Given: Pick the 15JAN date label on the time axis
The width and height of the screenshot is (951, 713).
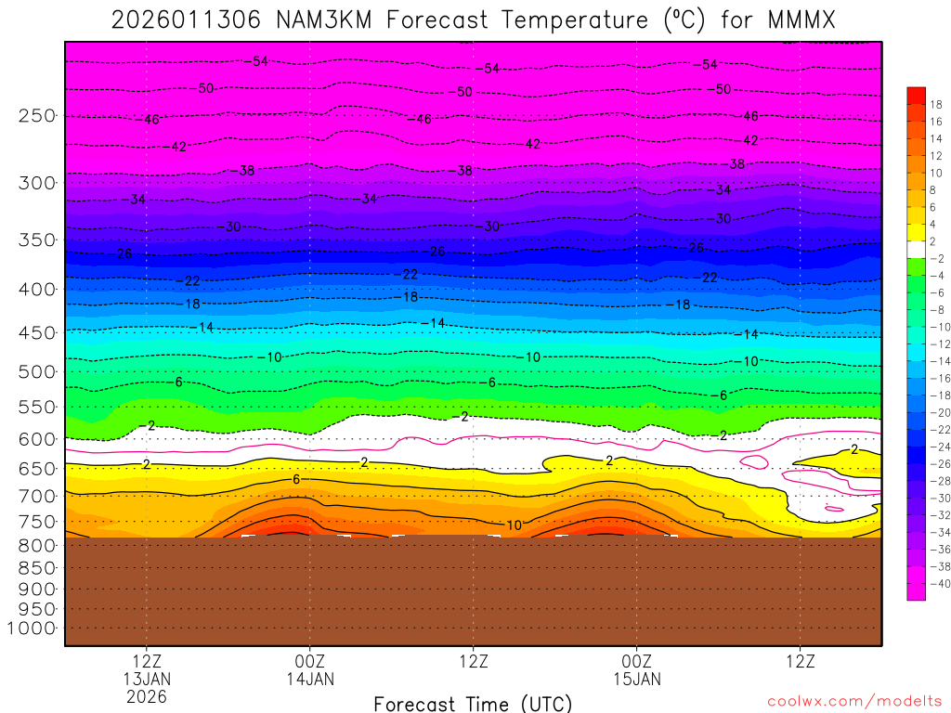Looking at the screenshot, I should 636,679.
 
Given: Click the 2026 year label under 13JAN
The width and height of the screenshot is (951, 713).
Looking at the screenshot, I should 147,696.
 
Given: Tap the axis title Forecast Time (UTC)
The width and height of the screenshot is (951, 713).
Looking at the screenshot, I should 473,703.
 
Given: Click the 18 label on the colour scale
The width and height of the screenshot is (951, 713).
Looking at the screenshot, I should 936,104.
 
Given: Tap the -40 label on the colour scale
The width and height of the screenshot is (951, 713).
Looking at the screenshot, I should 936,583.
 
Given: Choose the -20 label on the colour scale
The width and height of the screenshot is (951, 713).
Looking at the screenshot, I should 936,412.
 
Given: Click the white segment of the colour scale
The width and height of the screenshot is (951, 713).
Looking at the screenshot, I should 916,250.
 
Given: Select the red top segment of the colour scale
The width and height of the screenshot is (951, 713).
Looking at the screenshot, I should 916,95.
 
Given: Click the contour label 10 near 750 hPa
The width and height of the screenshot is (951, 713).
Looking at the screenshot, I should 514,525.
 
